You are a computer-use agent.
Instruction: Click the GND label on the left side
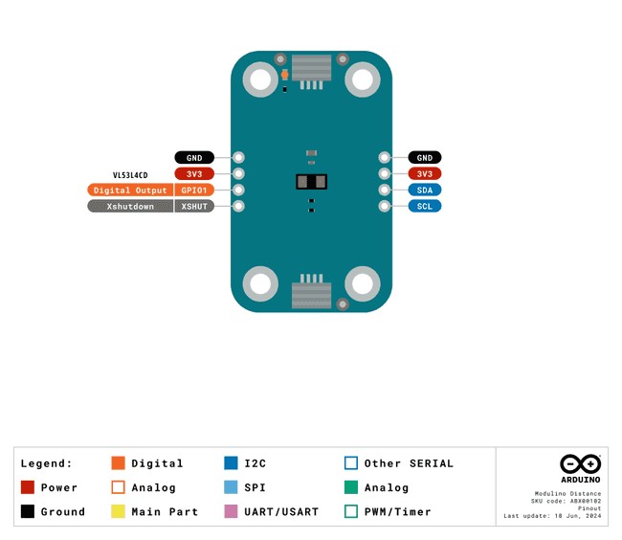click(193, 157)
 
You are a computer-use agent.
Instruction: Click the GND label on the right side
click(425, 157)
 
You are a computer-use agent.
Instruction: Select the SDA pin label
click(425, 190)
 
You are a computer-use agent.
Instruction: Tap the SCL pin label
click(425, 206)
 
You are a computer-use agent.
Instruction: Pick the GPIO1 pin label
click(193, 190)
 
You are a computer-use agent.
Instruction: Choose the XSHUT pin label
click(193, 206)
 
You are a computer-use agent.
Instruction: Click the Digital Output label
click(130, 190)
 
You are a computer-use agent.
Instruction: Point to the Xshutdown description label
click(130, 206)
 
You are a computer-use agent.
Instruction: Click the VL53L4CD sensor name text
click(130, 176)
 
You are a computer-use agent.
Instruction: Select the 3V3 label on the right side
click(425, 173)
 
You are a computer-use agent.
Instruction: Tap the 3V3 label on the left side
click(193, 173)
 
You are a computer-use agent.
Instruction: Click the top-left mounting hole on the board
click(261, 78)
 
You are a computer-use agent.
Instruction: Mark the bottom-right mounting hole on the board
click(362, 284)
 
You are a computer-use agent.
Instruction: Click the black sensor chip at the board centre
click(311, 182)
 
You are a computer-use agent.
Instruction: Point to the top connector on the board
click(311, 68)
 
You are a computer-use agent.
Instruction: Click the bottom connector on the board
click(311, 293)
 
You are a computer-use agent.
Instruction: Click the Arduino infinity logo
click(580, 462)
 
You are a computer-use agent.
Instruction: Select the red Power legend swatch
click(28, 487)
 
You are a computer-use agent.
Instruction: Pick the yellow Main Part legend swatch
click(119, 511)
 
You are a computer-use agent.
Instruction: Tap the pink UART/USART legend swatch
click(231, 511)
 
